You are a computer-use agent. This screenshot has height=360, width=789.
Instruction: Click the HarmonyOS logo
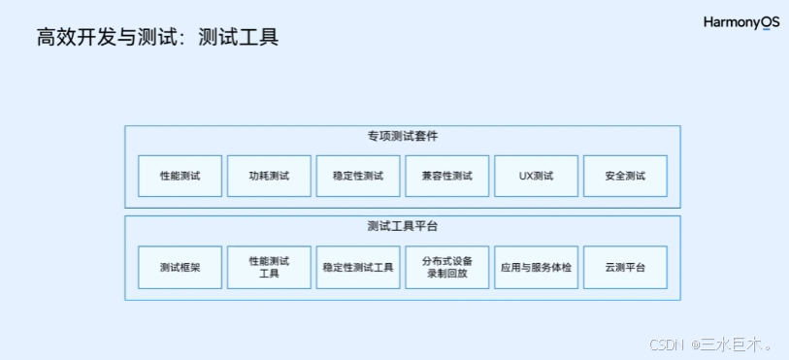click(x=741, y=23)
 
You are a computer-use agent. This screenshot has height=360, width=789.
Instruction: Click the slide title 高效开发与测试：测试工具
click(x=157, y=37)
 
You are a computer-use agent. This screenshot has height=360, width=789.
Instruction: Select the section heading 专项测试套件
click(x=403, y=136)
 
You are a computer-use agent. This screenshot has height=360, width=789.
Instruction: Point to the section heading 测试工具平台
click(x=403, y=226)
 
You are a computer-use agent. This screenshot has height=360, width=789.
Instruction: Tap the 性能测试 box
click(x=180, y=176)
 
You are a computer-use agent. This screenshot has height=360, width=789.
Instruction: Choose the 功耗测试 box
click(x=269, y=176)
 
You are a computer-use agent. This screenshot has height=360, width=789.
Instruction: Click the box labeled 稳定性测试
click(x=358, y=176)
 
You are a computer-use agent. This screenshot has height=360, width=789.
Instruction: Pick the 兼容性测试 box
click(x=446, y=176)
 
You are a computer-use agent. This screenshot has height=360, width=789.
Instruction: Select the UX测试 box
click(x=536, y=176)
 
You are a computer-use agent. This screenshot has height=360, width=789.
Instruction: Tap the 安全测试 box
click(x=625, y=176)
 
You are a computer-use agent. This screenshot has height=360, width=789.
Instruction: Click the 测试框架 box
click(x=180, y=267)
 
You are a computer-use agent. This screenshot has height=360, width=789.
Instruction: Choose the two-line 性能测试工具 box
click(x=269, y=267)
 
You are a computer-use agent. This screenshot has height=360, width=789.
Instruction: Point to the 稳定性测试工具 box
click(x=358, y=267)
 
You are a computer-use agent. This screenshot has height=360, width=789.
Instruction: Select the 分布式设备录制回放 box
click(x=446, y=267)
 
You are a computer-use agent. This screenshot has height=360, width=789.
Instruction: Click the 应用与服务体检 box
click(x=536, y=267)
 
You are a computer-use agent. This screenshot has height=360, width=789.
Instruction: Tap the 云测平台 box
click(x=625, y=267)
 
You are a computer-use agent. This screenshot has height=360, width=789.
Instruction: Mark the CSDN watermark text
click(x=666, y=344)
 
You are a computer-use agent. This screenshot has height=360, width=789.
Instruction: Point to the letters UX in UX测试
click(x=525, y=176)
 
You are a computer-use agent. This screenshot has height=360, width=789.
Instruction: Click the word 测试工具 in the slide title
click(x=239, y=37)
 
